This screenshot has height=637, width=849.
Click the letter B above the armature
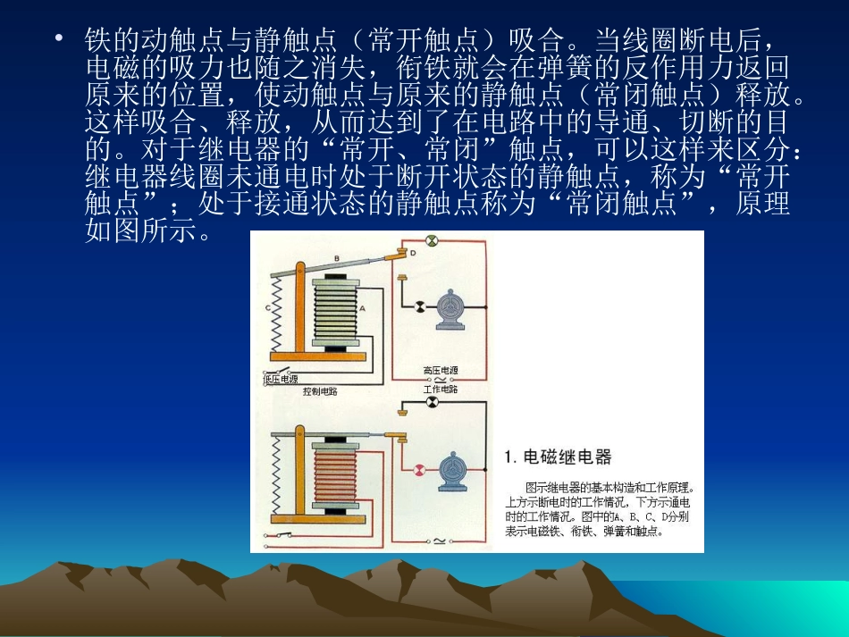pyautogui.click(x=336, y=258)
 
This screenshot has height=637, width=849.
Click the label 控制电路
pyautogui.click(x=320, y=390)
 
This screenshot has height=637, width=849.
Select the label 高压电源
pyautogui.click(x=441, y=369)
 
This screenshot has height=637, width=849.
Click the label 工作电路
pyautogui.click(x=441, y=390)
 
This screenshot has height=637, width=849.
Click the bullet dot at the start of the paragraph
pyautogui.click(x=59, y=38)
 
